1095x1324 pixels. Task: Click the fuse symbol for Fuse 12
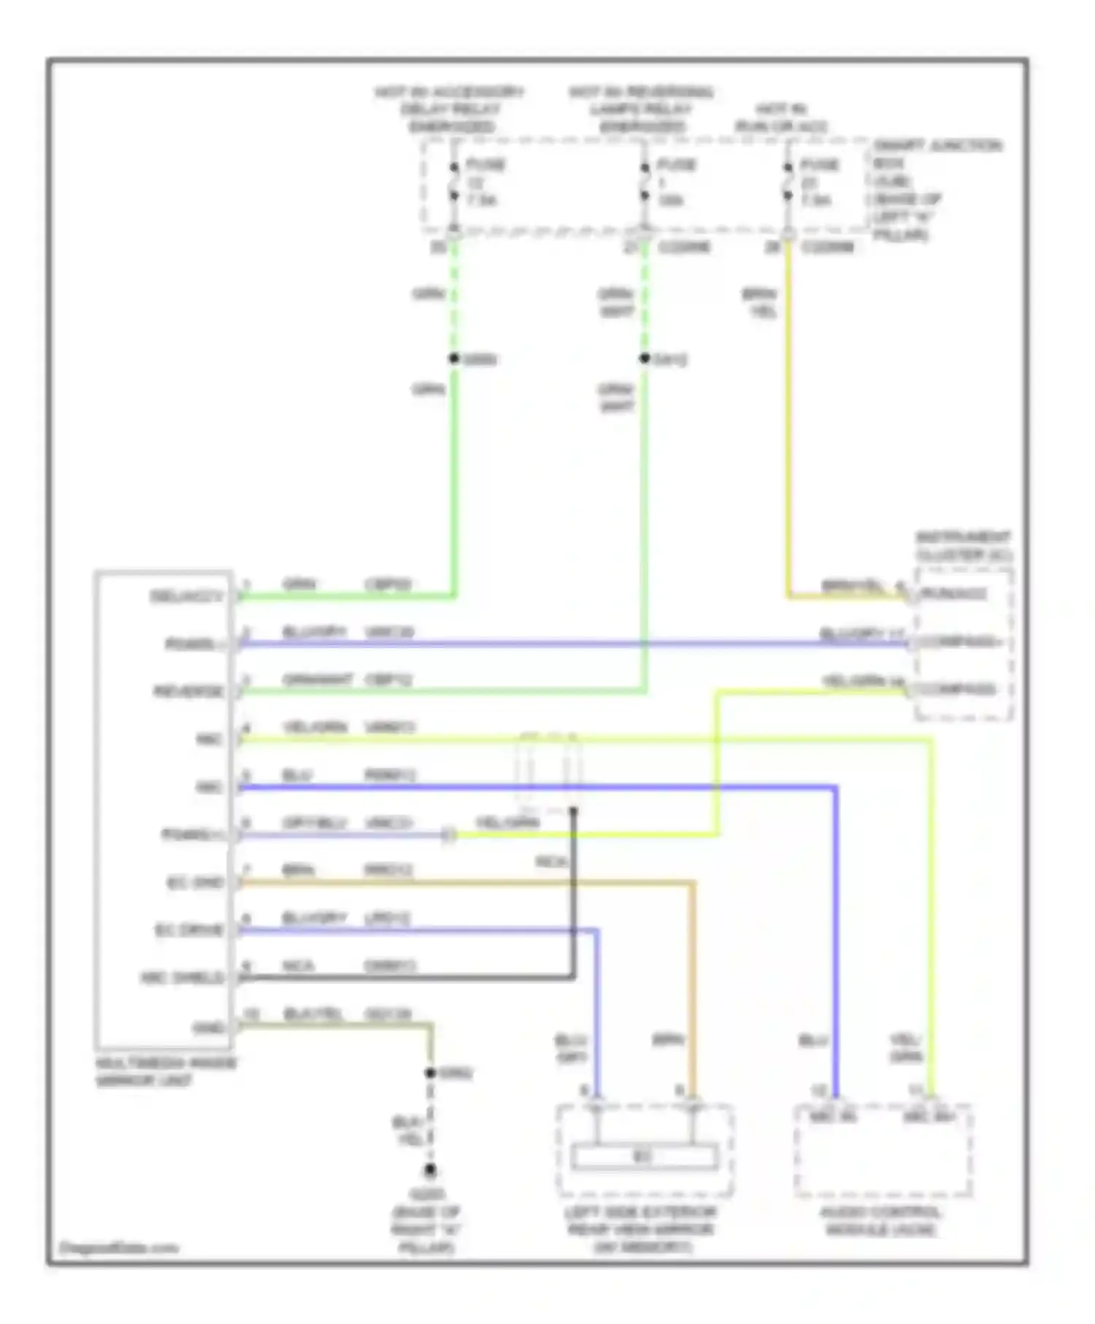[x=453, y=182]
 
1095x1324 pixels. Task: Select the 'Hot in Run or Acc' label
[x=780, y=118]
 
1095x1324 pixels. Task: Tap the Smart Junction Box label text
[x=937, y=190]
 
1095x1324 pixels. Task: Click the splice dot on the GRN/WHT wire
[x=645, y=358]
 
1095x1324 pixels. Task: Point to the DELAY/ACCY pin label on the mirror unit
[x=186, y=596]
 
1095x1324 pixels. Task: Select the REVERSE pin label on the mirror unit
[x=188, y=691]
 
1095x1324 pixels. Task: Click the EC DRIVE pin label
[x=189, y=931]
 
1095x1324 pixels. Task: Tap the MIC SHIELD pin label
[x=182, y=978]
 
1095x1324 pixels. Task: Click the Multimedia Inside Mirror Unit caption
[x=166, y=1071]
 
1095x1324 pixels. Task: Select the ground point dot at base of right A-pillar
[x=430, y=1171]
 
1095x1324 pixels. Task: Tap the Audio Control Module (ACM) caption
[x=881, y=1221]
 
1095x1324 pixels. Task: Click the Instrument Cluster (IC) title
[x=964, y=546]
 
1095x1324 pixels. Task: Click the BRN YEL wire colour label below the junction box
[x=760, y=303]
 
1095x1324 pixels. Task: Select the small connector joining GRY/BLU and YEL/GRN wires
[x=449, y=834]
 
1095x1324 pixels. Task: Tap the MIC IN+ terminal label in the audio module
[x=929, y=1117]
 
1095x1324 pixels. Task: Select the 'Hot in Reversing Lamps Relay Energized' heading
[x=641, y=109]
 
